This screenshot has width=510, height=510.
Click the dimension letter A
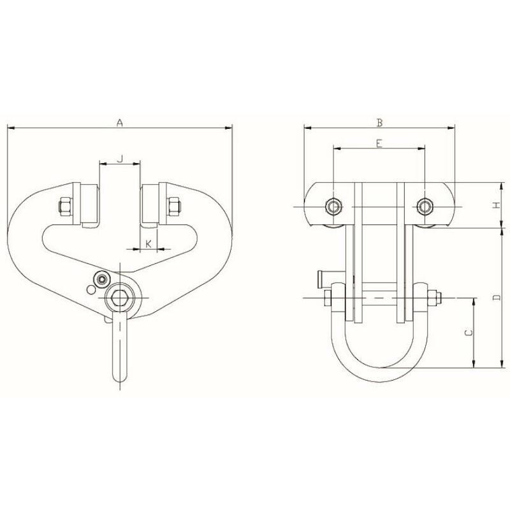tap(120, 122)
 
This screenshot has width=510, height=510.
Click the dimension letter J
tap(120, 159)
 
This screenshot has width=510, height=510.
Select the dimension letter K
tap(149, 244)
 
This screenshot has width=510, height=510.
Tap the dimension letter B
tap(379, 122)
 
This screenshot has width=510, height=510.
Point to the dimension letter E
tap(379, 143)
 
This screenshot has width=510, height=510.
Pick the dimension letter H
tap(496, 205)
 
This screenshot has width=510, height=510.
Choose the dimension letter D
tap(496, 297)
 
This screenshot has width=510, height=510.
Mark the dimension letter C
tap(469, 332)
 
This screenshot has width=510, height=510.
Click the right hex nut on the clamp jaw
tap(173, 207)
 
